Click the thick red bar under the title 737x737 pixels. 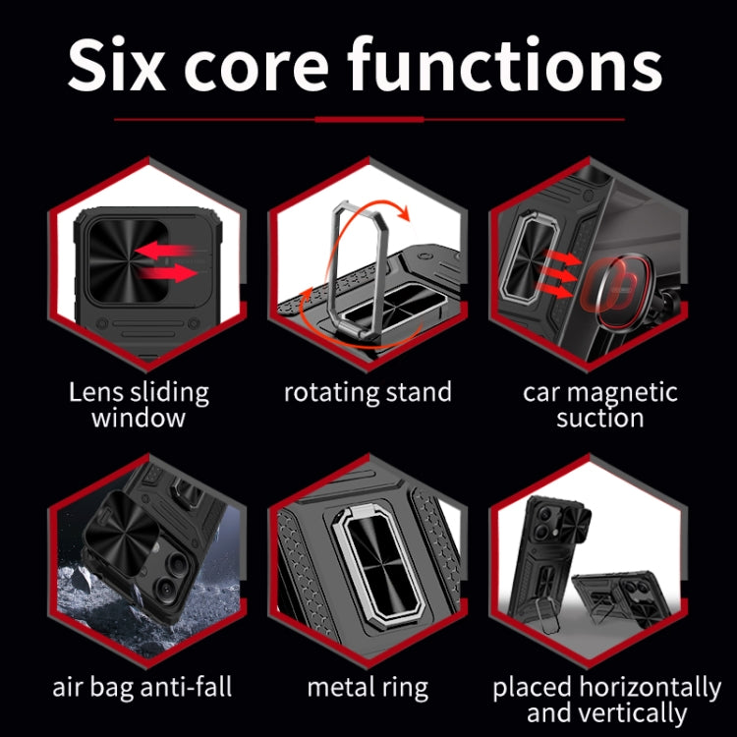(369, 119)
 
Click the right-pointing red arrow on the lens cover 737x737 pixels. (169, 272)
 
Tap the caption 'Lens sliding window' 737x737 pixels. (139, 404)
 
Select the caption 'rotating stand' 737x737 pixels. (368, 392)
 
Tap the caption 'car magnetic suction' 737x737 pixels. (600, 404)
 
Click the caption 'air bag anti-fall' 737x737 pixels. (142, 687)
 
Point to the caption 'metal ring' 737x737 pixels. (368, 688)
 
